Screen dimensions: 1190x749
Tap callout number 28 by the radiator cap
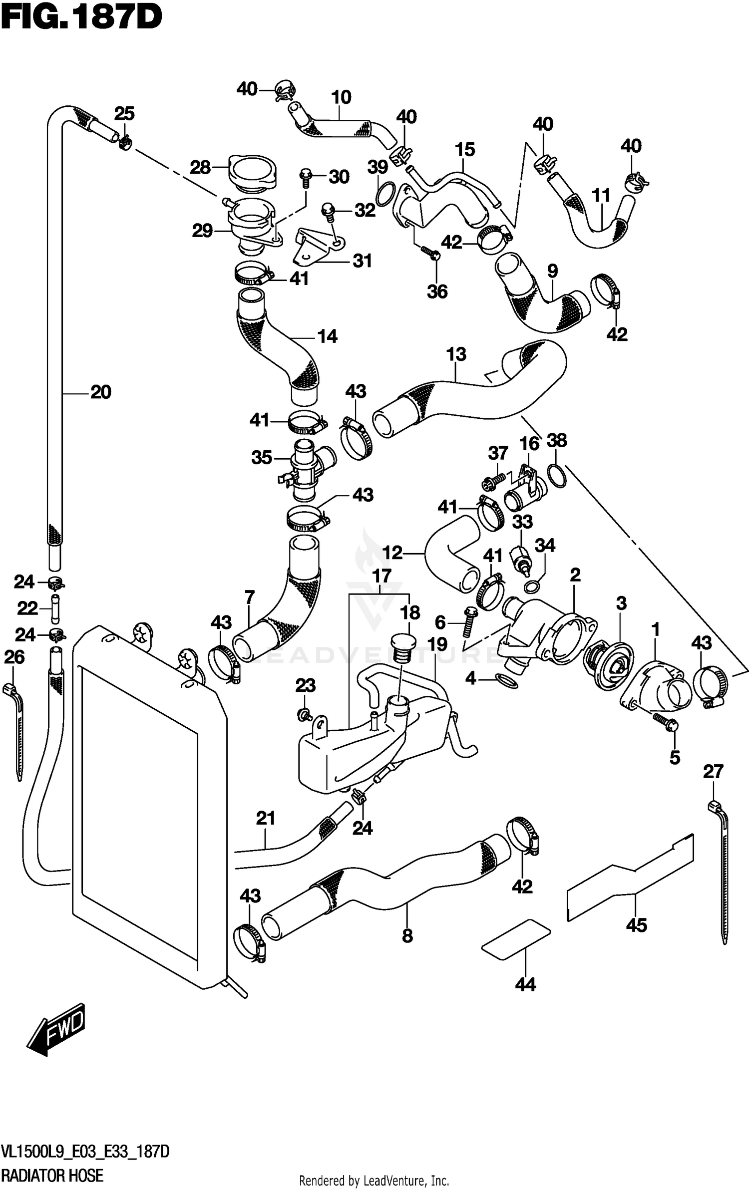click(200, 168)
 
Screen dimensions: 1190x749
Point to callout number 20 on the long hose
click(100, 392)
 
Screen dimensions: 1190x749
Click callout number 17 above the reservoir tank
click(381, 576)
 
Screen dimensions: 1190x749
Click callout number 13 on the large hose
click(456, 354)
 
